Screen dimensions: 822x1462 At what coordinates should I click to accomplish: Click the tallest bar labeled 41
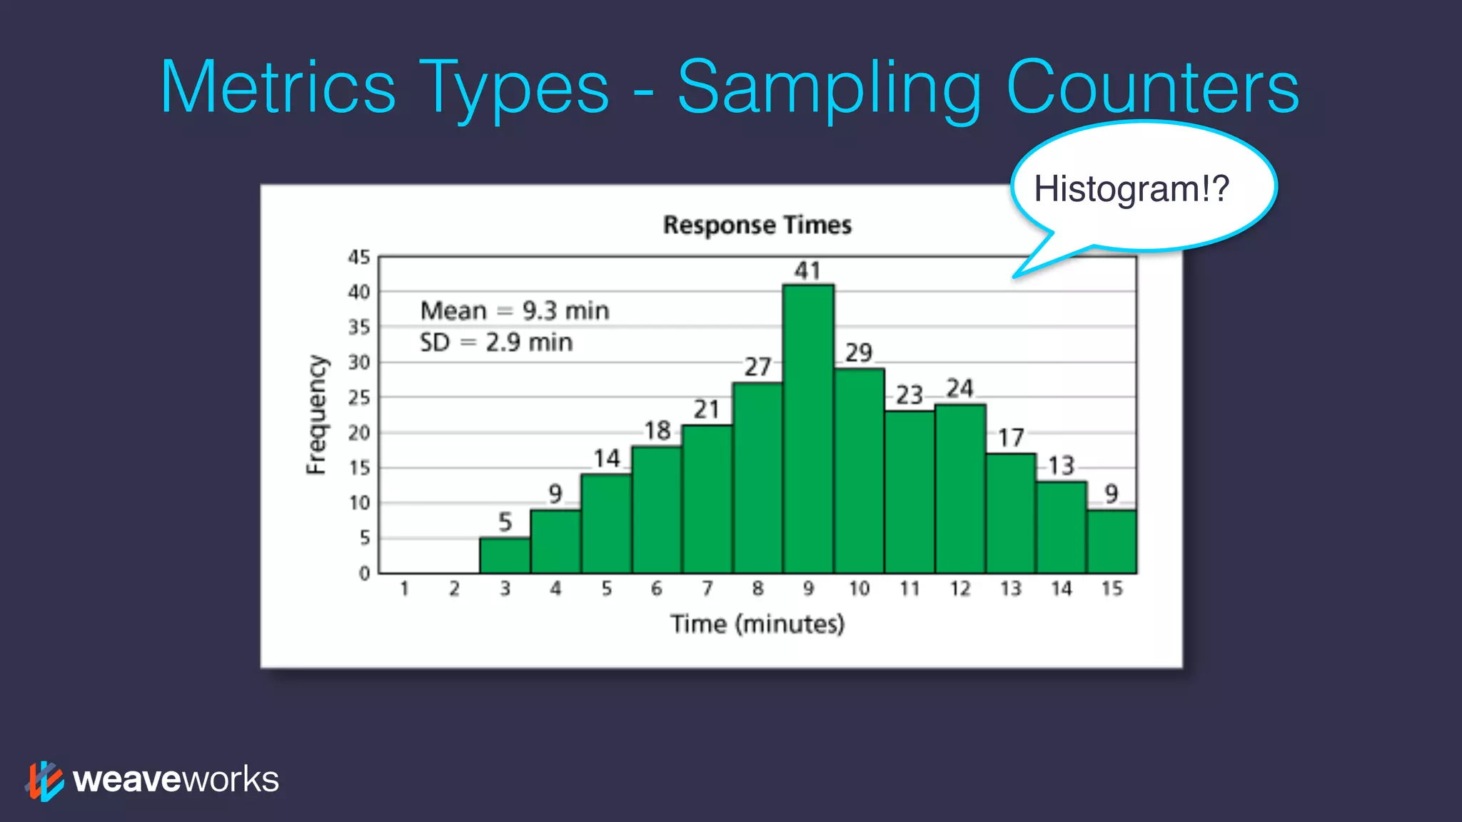(808, 428)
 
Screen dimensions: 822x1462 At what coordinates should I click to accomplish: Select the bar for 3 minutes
(505, 555)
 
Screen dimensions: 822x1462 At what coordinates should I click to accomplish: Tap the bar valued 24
(960, 489)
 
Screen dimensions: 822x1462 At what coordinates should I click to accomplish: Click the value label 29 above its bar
(859, 352)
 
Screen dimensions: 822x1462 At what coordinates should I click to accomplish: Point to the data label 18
(657, 431)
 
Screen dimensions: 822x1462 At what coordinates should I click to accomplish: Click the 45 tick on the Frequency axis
(359, 257)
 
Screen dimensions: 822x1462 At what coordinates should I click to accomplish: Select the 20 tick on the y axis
(359, 432)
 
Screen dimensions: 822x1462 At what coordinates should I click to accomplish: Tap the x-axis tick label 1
(404, 589)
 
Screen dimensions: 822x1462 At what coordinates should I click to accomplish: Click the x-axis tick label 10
(859, 589)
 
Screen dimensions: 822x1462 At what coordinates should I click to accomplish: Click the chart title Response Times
(757, 225)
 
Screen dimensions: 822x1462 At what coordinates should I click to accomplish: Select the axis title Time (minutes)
(757, 624)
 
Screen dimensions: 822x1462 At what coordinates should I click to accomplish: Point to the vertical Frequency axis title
(316, 415)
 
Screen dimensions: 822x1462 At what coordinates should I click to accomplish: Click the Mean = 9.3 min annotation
(515, 311)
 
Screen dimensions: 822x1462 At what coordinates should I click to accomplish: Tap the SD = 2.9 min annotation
(496, 342)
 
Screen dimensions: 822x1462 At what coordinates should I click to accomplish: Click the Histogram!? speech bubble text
(1131, 189)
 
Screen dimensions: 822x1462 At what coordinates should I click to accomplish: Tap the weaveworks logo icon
(45, 781)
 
